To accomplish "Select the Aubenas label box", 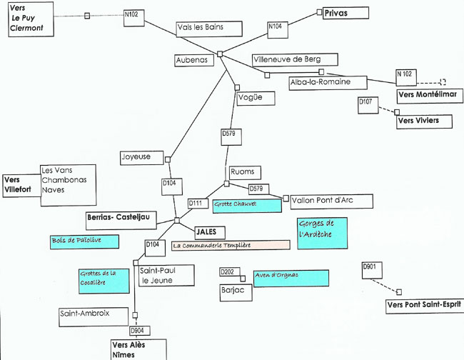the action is pyautogui.click(x=194, y=61).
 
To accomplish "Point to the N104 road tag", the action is pyautogui.click(x=278, y=30).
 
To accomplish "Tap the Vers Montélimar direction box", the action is pyautogui.click(x=430, y=96).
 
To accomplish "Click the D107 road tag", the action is pyautogui.click(x=368, y=106).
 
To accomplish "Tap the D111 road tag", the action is pyautogui.click(x=198, y=204).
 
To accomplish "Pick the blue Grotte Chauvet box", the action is pyautogui.click(x=247, y=206).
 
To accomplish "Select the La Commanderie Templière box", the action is pyautogui.click(x=231, y=246).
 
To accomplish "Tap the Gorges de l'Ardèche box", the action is pyautogui.click(x=322, y=234).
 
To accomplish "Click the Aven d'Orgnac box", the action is pyautogui.click(x=291, y=279).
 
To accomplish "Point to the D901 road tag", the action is pyautogui.click(x=372, y=270).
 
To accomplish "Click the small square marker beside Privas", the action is pyautogui.click(x=319, y=12).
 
